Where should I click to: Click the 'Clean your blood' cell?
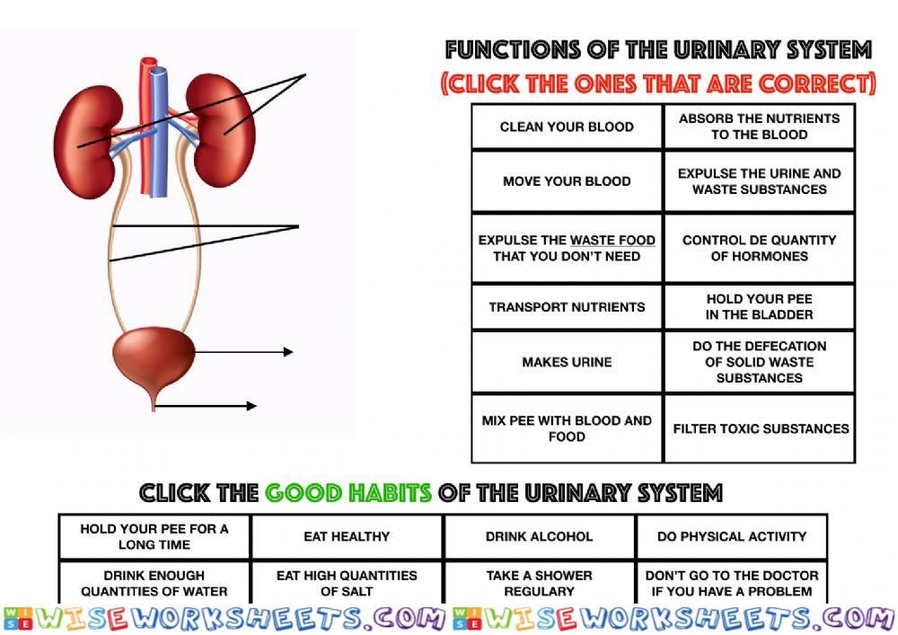click(x=567, y=127)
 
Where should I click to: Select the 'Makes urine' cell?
click(x=567, y=362)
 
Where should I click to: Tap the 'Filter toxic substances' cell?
click(x=760, y=428)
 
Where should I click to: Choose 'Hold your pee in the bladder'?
click(x=760, y=306)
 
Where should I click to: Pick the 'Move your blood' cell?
click(x=567, y=181)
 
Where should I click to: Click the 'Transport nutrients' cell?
click(x=567, y=307)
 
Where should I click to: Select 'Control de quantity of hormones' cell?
click(x=760, y=248)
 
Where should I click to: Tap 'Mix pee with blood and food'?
click(x=567, y=428)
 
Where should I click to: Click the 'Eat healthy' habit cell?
click(x=347, y=536)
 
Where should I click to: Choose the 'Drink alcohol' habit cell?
click(x=540, y=536)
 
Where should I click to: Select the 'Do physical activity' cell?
click(x=732, y=536)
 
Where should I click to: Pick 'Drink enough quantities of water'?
click(x=154, y=583)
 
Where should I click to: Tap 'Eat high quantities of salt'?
click(x=347, y=583)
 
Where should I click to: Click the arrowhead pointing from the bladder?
click(x=288, y=351)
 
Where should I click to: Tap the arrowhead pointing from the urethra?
click(x=251, y=406)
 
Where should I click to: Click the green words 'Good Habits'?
click(x=348, y=492)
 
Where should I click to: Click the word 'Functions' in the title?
click(x=513, y=49)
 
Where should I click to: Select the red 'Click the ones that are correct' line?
click(x=658, y=84)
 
